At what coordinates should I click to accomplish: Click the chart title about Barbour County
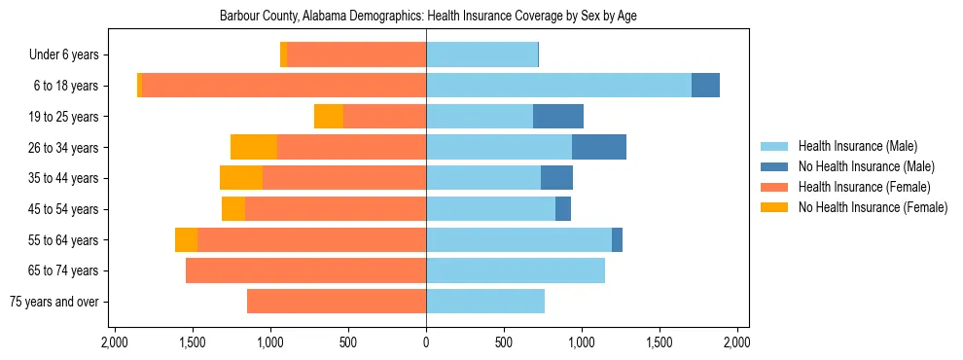pos(428,17)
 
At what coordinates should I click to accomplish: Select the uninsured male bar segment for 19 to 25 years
pos(558,117)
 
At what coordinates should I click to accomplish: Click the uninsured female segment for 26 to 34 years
pos(254,147)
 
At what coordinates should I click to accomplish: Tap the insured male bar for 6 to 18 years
pos(558,86)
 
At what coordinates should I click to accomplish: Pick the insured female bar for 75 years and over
pos(337,302)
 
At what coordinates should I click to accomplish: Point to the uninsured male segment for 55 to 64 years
pos(617,239)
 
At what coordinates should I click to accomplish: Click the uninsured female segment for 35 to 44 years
pos(241,178)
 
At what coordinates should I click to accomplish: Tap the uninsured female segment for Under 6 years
pos(284,54)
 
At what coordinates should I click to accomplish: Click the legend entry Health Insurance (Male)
pos(857,146)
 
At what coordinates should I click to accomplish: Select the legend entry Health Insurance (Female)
pos(864,187)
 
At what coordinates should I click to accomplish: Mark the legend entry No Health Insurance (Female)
pos(873,207)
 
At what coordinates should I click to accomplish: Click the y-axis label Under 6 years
pos(63,55)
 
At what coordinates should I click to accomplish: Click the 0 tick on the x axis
pos(426,343)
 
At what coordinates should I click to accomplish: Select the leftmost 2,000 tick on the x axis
pos(115,343)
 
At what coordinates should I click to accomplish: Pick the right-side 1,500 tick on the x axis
pos(660,343)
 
